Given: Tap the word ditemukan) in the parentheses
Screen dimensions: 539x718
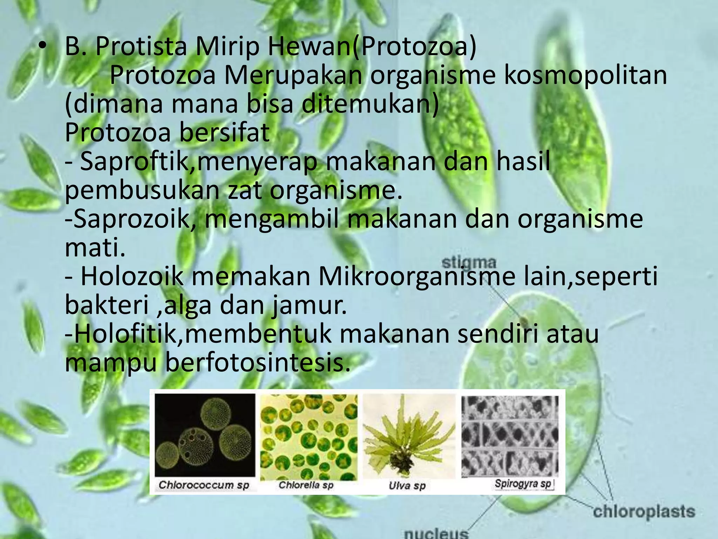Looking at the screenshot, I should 370,104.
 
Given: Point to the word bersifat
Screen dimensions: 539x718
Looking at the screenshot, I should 224,133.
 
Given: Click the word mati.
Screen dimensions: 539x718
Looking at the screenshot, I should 95,247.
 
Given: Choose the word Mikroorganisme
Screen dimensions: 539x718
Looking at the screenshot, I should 417,277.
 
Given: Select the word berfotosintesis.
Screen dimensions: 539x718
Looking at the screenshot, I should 258,363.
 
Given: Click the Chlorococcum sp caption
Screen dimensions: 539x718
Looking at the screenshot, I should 204,485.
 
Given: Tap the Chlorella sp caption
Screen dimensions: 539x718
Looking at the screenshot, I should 306,485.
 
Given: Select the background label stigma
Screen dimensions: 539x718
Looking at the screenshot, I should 469,263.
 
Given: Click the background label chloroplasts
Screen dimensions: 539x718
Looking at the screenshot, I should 644,512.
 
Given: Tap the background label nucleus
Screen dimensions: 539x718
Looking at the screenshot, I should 436,534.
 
